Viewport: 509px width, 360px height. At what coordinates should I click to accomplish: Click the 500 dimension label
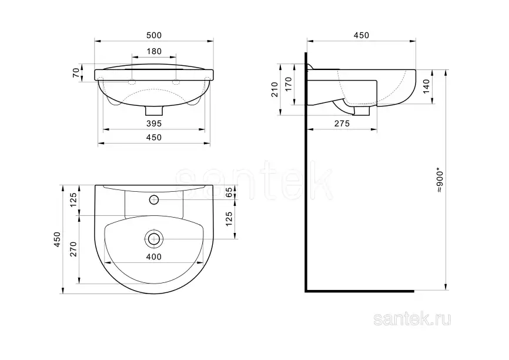154,35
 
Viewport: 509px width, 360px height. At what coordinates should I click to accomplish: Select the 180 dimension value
154,51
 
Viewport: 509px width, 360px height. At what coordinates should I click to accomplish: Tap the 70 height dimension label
76,72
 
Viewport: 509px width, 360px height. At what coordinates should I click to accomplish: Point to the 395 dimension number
154,124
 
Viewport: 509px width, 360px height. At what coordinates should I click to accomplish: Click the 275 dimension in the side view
342,124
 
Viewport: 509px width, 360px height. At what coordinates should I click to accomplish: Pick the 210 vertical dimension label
275,89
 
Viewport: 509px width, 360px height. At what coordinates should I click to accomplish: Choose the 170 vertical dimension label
289,84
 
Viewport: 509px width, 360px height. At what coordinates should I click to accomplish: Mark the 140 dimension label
426,86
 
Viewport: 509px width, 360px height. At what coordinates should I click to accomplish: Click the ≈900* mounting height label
440,179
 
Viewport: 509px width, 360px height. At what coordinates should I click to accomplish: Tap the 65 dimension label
229,192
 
